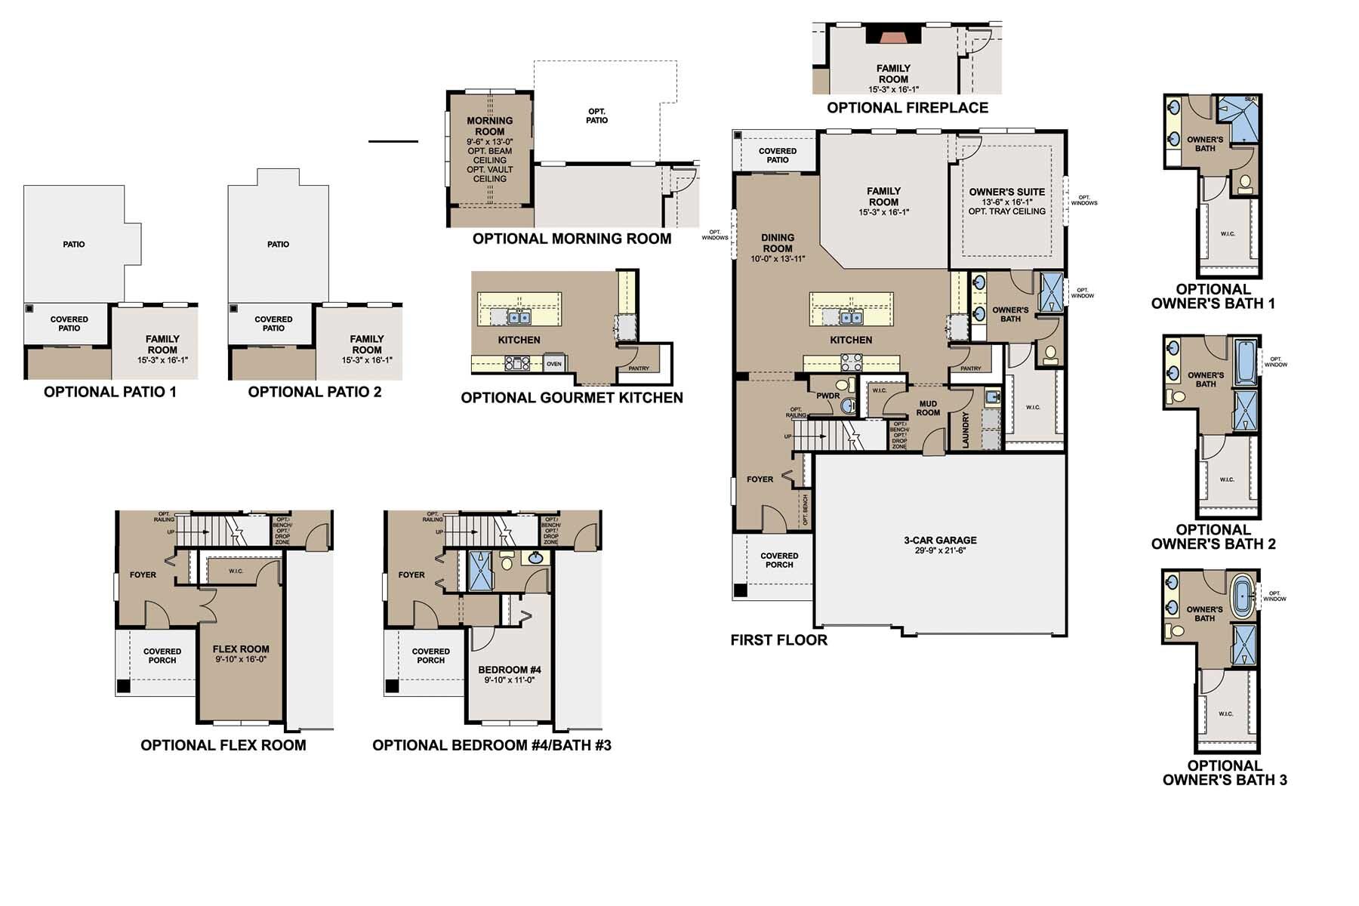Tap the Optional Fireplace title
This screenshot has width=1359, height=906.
pyautogui.click(x=907, y=108)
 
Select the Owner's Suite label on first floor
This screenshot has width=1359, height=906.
pyautogui.click(x=1007, y=192)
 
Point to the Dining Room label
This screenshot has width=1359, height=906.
pyautogui.click(x=778, y=243)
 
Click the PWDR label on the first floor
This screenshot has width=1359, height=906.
pyautogui.click(x=827, y=396)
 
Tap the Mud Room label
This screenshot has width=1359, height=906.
pyautogui.click(x=928, y=408)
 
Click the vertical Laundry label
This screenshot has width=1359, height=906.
pyautogui.click(x=966, y=430)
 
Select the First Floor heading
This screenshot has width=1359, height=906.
pyautogui.click(x=778, y=640)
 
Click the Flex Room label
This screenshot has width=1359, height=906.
pyautogui.click(x=241, y=649)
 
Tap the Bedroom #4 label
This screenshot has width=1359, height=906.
pyautogui.click(x=510, y=670)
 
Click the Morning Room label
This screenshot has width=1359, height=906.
pyautogui.click(x=489, y=126)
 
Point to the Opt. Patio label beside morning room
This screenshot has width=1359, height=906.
pyautogui.click(x=596, y=116)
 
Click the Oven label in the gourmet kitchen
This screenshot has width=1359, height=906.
pyautogui.click(x=554, y=364)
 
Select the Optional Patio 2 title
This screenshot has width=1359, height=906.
pyautogui.click(x=315, y=392)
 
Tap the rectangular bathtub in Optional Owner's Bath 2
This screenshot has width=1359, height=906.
pyautogui.click(x=1245, y=362)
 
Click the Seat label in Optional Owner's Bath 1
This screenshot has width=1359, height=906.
pyautogui.click(x=1250, y=100)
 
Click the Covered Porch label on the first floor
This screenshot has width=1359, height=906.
pyautogui.click(x=779, y=560)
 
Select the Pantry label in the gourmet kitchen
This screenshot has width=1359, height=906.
pyautogui.click(x=639, y=368)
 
